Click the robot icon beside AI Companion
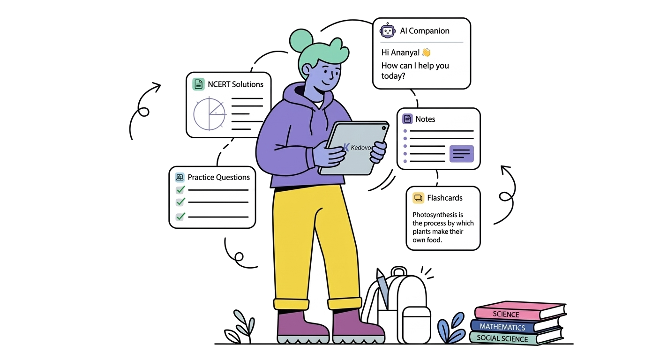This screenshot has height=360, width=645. tap(387, 30)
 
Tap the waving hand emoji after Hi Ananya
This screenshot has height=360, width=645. tap(426, 52)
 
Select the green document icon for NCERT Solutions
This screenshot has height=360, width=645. tap(198, 84)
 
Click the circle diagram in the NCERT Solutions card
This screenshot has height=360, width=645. tap(210, 114)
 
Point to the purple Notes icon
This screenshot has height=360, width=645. tap(407, 119)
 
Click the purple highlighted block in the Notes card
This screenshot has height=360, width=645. tap(461, 154)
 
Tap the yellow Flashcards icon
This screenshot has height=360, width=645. tap(418, 198)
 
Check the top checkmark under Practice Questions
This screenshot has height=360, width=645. tap(180, 190)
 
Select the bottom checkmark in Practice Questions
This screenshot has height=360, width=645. tap(180, 216)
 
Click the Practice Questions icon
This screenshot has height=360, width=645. tap(180, 177)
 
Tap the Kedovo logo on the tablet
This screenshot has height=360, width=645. tap(357, 148)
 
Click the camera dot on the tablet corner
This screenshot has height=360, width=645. tap(383, 128)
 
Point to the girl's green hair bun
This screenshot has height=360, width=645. tap(301, 40)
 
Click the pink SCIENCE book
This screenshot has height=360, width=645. tap(520, 311)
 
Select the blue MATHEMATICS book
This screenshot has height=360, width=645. tap(516, 326)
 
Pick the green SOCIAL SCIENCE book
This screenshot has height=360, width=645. tap(516, 337)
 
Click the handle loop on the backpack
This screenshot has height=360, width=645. tap(399, 271)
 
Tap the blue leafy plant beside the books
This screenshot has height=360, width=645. tap(451, 328)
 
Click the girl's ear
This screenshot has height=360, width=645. tap(307, 70)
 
